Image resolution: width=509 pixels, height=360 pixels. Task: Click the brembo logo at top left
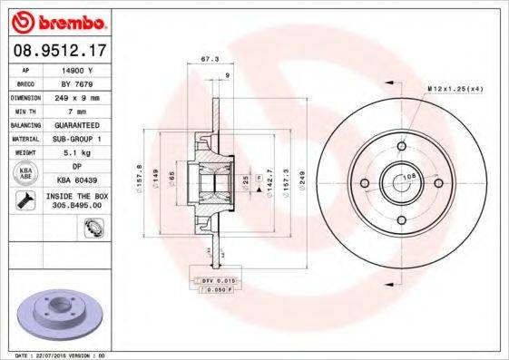tap(57, 21)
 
